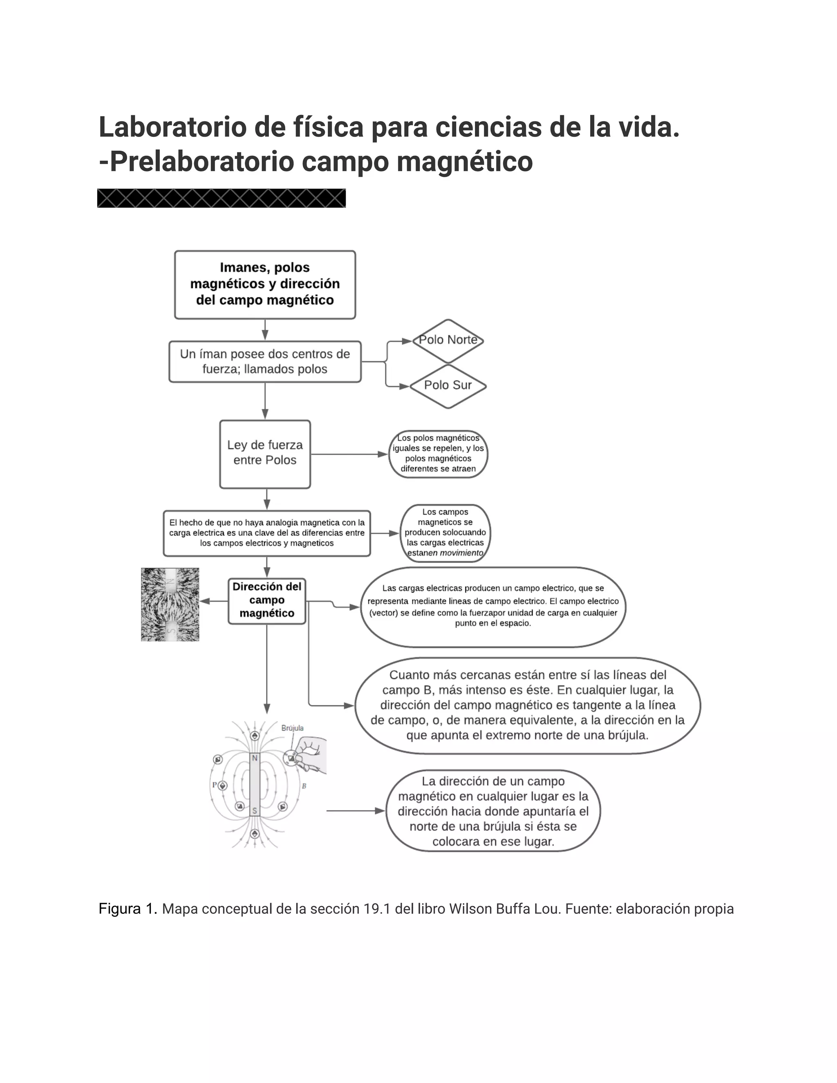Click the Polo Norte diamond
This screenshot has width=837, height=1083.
click(x=448, y=341)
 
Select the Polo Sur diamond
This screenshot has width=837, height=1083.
click(x=448, y=386)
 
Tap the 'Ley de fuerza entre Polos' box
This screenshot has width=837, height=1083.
click(x=265, y=454)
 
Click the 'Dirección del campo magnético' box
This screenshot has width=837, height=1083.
click(x=267, y=600)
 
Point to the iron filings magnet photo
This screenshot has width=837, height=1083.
click(x=170, y=604)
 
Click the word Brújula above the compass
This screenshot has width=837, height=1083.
click(x=292, y=728)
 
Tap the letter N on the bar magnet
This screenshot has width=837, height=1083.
click(x=255, y=758)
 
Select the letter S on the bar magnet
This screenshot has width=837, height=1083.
click(x=255, y=811)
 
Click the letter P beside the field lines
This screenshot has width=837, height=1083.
click(x=215, y=785)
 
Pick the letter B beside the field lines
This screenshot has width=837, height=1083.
click(x=304, y=786)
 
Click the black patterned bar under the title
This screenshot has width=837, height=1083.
click(x=221, y=198)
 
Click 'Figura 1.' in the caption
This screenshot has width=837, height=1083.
click(x=128, y=909)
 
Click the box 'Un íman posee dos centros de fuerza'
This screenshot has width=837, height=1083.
click(x=265, y=362)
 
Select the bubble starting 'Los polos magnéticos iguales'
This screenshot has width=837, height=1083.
click(x=439, y=454)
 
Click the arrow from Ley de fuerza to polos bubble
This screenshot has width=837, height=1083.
click(x=349, y=454)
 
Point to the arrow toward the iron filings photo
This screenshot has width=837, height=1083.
click(x=214, y=601)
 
